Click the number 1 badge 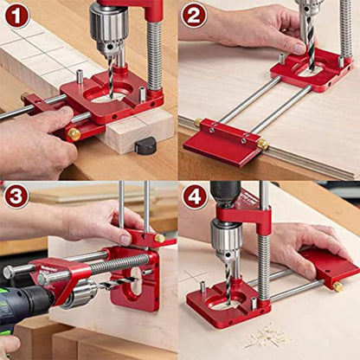pyautogui.click(x=16, y=16)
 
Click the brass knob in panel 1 pyautogui.click(x=74, y=134)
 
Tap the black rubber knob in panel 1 pyautogui.click(x=145, y=145)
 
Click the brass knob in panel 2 pyautogui.click(x=262, y=144)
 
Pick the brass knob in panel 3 pyautogui.click(x=159, y=238)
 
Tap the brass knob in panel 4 pyautogui.click(x=337, y=286)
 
